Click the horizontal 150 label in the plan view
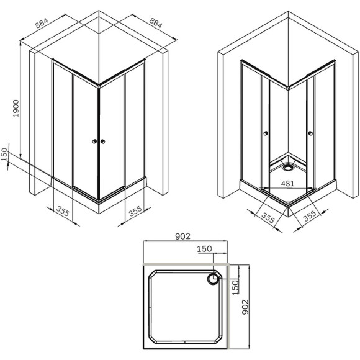[204, 249]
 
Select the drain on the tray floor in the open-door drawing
[287, 166]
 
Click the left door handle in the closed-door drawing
[94, 142]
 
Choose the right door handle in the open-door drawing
[308, 132]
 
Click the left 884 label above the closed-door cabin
[42, 24]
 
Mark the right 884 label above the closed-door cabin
[155, 24]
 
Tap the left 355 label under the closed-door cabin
[63, 210]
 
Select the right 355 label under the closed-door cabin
[135, 210]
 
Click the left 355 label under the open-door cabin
[268, 218]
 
